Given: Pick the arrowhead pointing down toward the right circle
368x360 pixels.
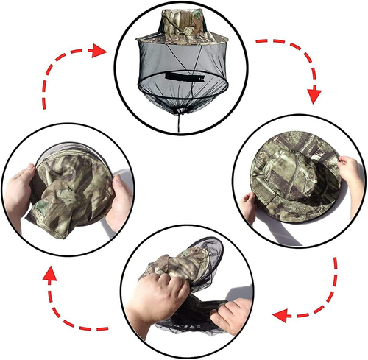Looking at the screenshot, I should tap(314, 94).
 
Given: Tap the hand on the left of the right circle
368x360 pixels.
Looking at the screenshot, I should tap(247, 208).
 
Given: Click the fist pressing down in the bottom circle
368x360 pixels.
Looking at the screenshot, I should tap(158, 294).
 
